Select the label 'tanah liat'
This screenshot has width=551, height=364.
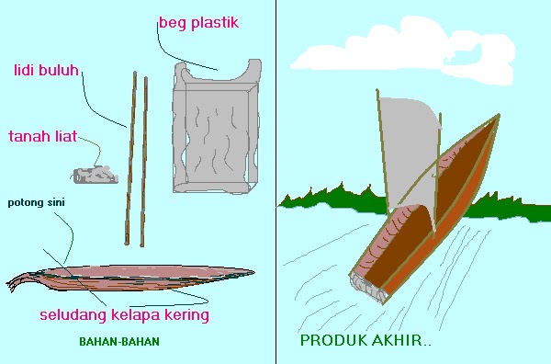tap(42, 136)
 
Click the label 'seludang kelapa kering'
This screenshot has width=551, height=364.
tap(124, 315)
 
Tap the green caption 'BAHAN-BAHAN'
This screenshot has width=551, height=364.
tap(119, 342)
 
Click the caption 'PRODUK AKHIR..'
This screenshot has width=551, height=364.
tap(366, 341)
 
